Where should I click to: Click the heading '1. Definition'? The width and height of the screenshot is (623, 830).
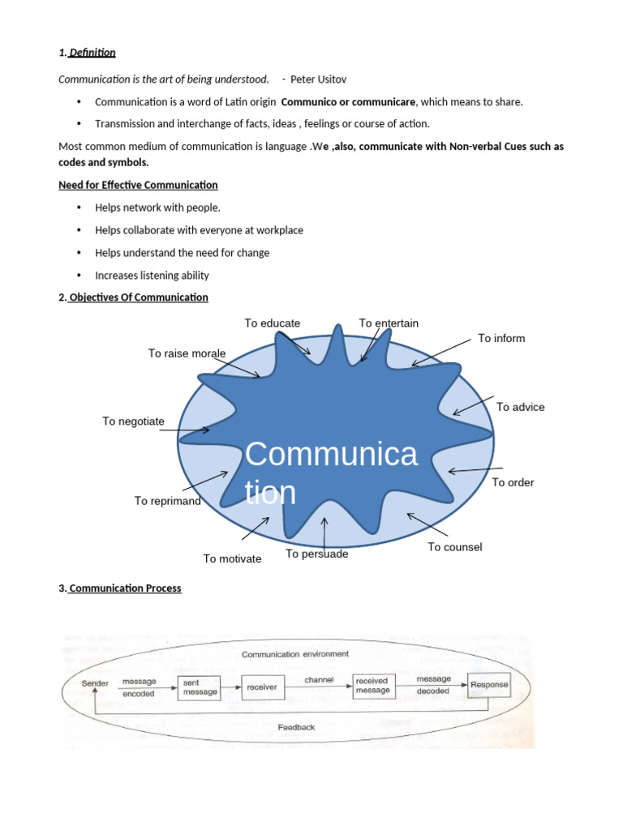[87, 53]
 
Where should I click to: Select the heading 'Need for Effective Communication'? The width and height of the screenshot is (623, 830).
[138, 185]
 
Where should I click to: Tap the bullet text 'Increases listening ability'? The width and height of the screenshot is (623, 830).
[152, 276]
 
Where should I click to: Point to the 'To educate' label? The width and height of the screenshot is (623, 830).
[273, 323]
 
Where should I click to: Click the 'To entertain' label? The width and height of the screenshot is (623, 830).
[389, 323]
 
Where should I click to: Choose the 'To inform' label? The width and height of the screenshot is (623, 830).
[501, 338]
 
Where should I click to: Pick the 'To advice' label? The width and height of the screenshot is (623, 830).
[520, 407]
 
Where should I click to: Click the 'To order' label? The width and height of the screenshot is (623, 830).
[513, 482]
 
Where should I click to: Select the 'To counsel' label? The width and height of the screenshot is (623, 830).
[454, 547]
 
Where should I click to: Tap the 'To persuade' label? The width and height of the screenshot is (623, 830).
[316, 554]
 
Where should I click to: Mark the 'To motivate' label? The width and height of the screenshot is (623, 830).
[232, 558]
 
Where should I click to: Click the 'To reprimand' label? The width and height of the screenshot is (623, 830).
[167, 501]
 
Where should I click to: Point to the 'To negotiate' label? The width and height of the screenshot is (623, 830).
[133, 421]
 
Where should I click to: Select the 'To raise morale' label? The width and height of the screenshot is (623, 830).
[187, 353]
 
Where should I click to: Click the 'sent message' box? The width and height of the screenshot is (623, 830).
[200, 687]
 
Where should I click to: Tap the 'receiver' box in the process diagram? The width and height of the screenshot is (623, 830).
[261, 687]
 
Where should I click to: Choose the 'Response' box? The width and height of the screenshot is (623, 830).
[490, 685]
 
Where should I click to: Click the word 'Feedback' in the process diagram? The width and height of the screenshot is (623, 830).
[296, 727]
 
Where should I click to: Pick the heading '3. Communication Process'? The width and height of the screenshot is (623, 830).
[120, 588]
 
